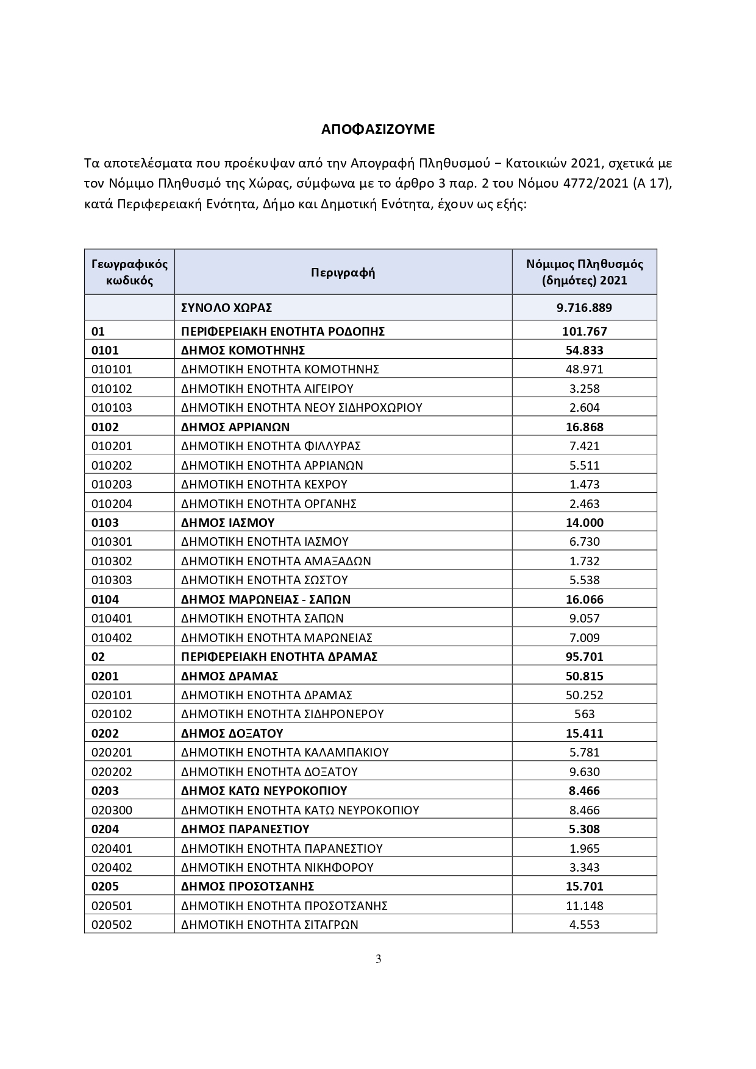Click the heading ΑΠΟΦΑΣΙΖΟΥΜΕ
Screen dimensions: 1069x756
378,129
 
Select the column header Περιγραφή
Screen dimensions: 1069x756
343,272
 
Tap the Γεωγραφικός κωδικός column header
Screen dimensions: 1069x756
129,272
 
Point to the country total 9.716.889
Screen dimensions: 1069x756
584,308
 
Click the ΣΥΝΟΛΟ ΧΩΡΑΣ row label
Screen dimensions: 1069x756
226,308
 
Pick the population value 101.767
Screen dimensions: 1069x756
584,331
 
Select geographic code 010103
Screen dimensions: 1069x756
112,407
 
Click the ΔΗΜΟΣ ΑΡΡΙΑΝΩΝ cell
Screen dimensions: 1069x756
235,427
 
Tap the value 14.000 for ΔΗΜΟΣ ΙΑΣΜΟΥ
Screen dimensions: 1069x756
584,523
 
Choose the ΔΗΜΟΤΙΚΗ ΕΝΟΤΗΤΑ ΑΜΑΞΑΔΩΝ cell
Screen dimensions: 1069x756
276,561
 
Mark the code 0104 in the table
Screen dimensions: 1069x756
105,599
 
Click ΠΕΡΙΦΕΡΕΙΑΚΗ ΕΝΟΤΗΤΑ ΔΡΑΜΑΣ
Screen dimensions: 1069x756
279,657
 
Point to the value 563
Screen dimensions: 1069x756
584,714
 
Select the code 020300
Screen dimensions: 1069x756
112,810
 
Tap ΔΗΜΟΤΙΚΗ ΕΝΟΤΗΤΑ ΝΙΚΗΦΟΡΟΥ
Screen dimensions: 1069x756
277,867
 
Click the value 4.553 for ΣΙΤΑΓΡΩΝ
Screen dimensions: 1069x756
584,925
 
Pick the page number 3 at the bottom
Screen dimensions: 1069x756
378,959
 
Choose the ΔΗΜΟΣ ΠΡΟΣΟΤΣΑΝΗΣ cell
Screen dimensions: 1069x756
247,886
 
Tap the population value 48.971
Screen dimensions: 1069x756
584,369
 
